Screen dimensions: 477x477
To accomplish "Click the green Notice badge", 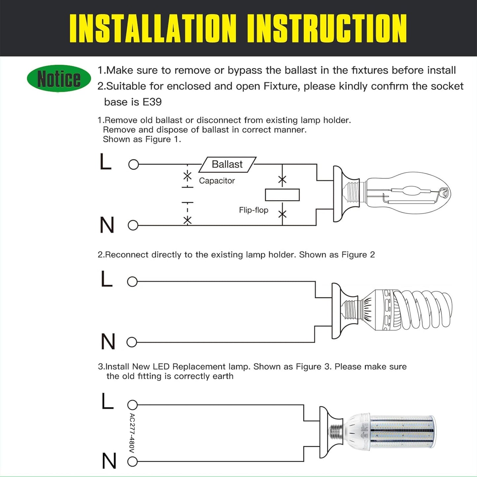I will coord(59,79).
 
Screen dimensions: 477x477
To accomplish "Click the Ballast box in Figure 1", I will coord(227,164).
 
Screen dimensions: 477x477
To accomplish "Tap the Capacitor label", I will coord(217,181).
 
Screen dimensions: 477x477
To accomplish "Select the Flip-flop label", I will coord(253,210).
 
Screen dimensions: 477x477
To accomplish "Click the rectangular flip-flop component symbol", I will coord(282,195).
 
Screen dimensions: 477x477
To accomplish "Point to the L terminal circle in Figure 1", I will coord(133,164).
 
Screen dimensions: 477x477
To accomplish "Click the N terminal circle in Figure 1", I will coord(133,225).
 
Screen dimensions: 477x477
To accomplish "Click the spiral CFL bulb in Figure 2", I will coord(419,310).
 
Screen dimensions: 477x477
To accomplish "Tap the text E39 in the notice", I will coord(152,102).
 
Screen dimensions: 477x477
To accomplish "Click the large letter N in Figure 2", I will coord(108,341).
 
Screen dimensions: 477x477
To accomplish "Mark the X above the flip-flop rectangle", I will coord(282,180).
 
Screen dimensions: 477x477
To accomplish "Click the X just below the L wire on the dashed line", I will coord(187,176).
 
